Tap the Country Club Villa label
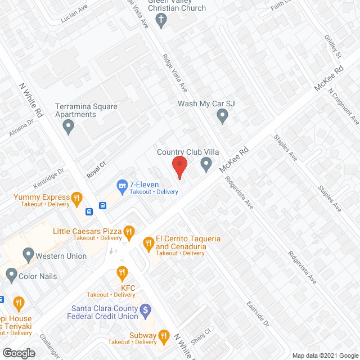pyautogui.click(x=188, y=152)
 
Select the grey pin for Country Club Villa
pyautogui.click(x=206, y=164)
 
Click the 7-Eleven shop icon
pyautogui.click(x=121, y=185)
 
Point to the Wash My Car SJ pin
pyautogui.click(x=222, y=116)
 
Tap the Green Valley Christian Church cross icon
pyautogui.click(x=161, y=21)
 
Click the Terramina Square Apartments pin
pyautogui.click(x=69, y=127)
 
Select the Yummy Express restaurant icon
pyautogui.click(x=77, y=197)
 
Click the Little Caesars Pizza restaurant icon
pyautogui.click(x=130, y=231)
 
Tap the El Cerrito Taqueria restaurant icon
pyautogui.click(x=148, y=242)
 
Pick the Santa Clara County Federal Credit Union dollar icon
pyautogui.click(x=145, y=309)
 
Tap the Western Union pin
pyautogui.click(x=26, y=255)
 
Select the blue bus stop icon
pyautogui.click(x=89, y=212)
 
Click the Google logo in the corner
pyautogui.click(x=18, y=353)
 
